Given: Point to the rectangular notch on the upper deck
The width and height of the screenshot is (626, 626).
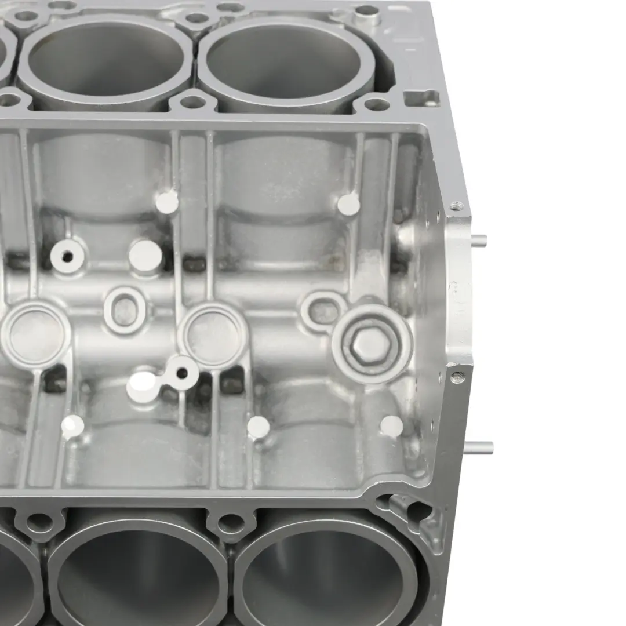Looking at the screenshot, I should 421,97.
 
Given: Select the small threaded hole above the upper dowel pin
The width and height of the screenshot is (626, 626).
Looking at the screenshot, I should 457,206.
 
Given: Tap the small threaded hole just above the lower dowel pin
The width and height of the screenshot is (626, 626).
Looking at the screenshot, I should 458,377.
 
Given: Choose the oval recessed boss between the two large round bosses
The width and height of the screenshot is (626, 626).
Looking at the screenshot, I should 123,310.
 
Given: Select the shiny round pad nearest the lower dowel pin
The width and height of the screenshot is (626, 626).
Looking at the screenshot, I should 392,426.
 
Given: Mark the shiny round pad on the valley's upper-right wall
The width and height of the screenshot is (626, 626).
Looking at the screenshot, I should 348,203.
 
